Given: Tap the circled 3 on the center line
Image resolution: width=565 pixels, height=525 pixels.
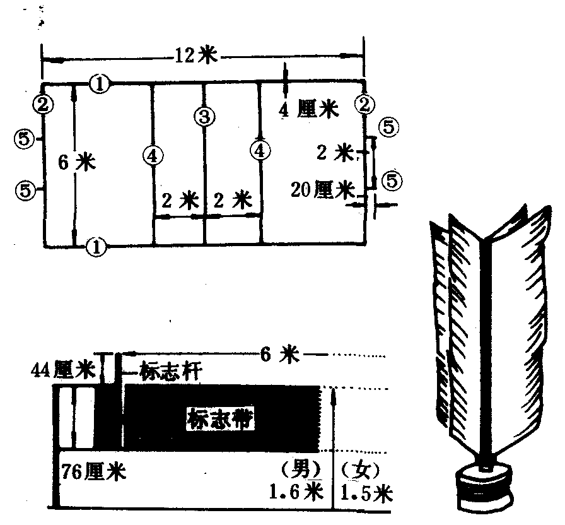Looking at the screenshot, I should coord(204,116).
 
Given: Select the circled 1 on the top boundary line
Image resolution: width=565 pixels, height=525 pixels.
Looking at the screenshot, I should coord(100,83).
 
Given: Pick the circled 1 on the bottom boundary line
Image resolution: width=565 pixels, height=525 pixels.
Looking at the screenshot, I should coord(96,246).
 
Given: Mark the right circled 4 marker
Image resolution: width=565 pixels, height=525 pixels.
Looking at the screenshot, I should coord(259,150).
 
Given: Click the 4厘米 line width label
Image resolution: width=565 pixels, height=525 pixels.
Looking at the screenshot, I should coord(308,109).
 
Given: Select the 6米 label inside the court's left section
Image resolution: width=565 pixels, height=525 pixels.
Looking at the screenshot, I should coord(76,163).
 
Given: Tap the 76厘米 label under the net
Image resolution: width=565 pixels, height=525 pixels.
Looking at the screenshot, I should coord(93,472).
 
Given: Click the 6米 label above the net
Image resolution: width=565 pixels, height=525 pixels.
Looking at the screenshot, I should coord(280,355).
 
